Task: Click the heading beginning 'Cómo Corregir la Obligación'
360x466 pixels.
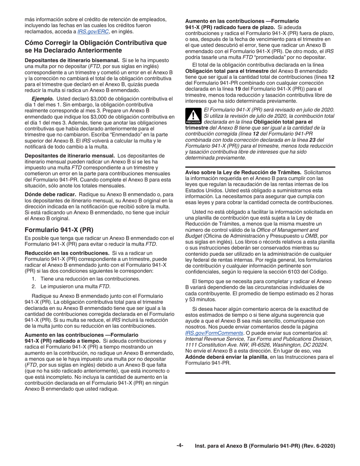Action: point(95,47)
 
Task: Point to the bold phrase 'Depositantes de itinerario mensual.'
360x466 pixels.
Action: point(70,155)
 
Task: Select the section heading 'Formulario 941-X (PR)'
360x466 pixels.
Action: point(59,230)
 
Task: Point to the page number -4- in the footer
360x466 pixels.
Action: point(180,446)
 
